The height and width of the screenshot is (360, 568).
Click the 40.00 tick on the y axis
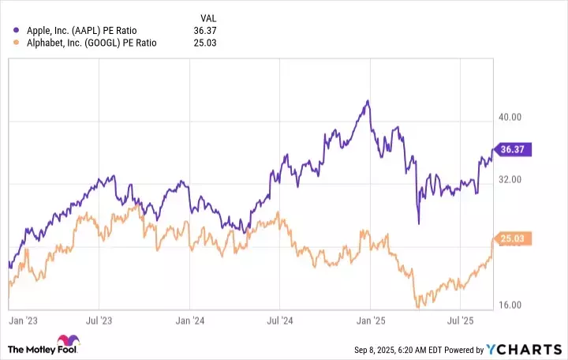coord(511,117)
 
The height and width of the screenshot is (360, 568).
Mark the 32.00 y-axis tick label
coord(511,179)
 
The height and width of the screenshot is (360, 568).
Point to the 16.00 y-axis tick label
coord(511,305)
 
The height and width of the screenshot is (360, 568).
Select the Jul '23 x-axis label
coord(99,322)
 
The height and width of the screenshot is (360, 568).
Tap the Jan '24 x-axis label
coord(189,322)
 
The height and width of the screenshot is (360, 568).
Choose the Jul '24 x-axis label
coord(280,322)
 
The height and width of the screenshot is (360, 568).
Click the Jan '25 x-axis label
coord(370,322)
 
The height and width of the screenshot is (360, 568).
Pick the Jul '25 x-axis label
coord(460,322)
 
